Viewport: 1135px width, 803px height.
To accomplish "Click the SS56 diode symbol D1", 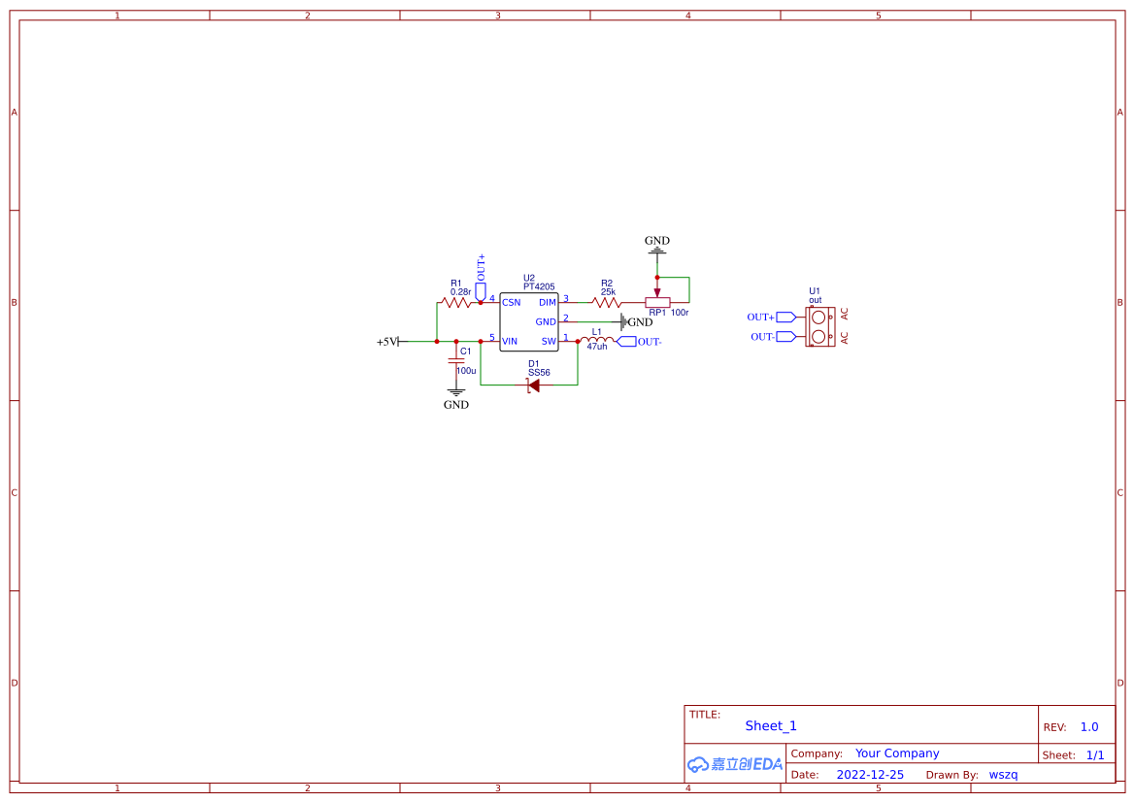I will pyautogui.click(x=533, y=385).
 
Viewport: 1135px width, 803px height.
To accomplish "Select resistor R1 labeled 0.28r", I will pyautogui.click(x=456, y=302).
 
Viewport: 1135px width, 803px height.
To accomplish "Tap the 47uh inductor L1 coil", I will pyautogui.click(x=597, y=340).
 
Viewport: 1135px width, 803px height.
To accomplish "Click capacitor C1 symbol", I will pyautogui.click(x=456, y=361).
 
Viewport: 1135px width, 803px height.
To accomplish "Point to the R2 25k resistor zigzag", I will pyautogui.click(x=607, y=302).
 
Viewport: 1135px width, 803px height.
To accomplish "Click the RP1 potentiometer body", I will pyautogui.click(x=657, y=302).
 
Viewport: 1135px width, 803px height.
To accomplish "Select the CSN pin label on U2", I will pyautogui.click(x=511, y=303).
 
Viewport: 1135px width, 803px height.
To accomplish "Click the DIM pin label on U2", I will pyautogui.click(x=548, y=303).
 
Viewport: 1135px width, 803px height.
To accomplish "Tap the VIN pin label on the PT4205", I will pyautogui.click(x=510, y=341).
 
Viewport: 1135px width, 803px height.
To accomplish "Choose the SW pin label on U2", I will pyautogui.click(x=549, y=341).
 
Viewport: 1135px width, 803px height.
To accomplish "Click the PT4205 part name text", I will pyautogui.click(x=539, y=286).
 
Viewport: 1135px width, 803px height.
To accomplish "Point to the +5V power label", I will pyautogui.click(x=387, y=342).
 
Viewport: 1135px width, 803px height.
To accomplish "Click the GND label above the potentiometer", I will pyautogui.click(x=657, y=241).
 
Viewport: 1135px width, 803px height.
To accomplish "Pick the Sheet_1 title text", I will pyautogui.click(x=771, y=726).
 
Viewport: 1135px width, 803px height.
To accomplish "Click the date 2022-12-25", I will pyautogui.click(x=870, y=775).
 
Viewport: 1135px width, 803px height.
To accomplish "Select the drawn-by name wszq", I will pyautogui.click(x=1003, y=775).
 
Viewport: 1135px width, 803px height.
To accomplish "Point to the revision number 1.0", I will pyautogui.click(x=1089, y=727).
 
